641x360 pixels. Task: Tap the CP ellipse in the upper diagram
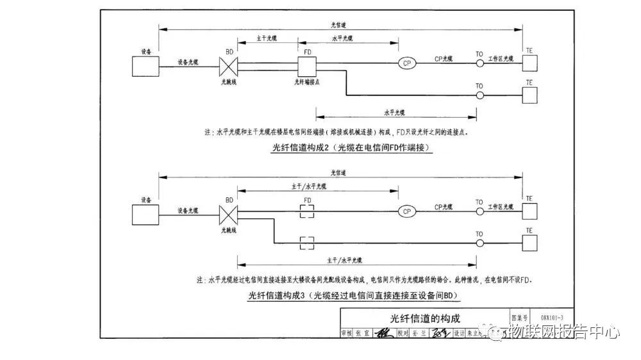406,63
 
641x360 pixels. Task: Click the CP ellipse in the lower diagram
406,211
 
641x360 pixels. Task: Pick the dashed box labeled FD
308,211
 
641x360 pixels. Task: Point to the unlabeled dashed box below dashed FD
308,243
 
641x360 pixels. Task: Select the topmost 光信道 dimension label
340,24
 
